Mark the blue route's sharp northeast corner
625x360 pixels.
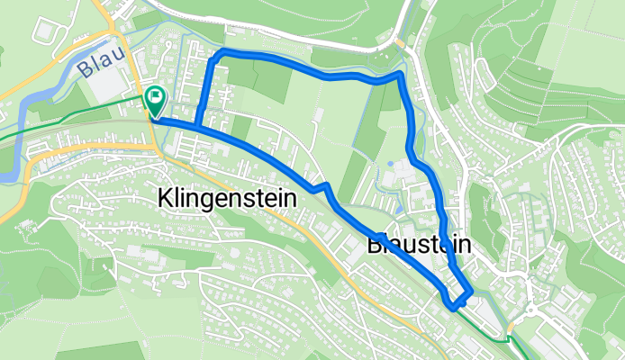(x=400, y=73)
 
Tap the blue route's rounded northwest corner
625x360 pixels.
(x=216, y=58)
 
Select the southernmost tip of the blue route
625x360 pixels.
(x=452, y=307)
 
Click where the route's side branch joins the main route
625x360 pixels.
(x=195, y=124)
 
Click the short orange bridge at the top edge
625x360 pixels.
(x=397, y=41)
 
